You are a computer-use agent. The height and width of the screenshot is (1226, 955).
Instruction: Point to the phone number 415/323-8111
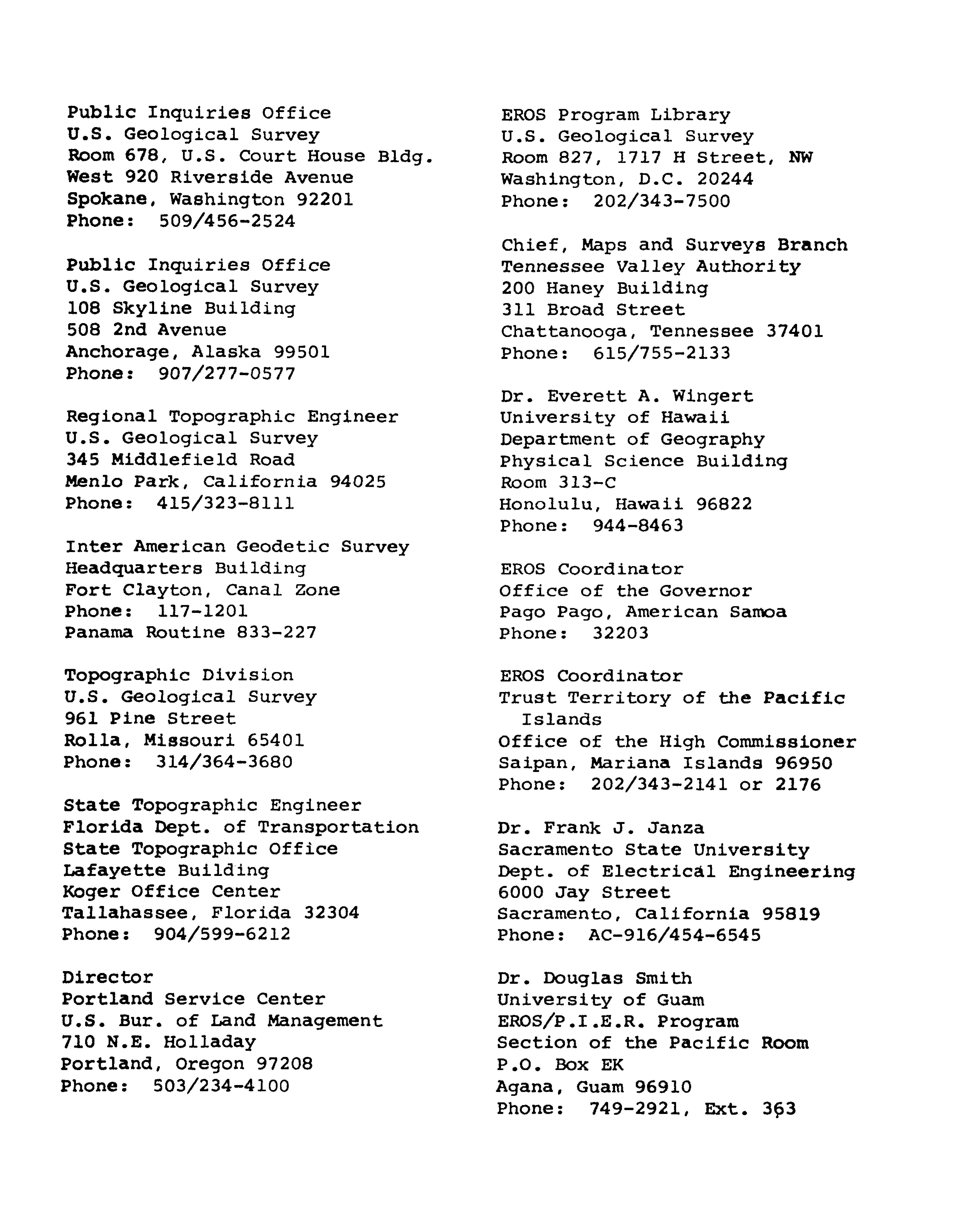point(225,503)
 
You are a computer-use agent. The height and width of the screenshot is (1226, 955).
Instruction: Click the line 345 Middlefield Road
point(180,460)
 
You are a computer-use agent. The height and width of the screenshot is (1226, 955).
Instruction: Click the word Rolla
point(93,740)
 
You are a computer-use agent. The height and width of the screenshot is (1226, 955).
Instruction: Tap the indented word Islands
point(561,720)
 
